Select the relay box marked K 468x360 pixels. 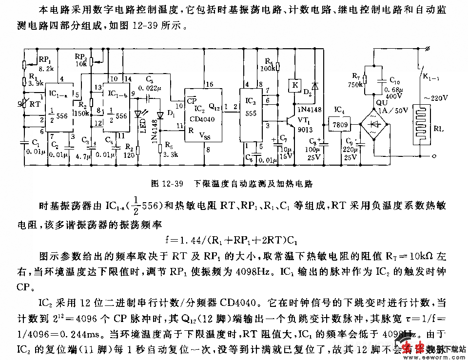click(x=294, y=85)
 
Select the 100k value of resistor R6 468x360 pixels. click(x=267, y=69)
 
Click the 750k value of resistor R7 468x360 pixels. click(x=357, y=84)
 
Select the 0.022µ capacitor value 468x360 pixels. click(x=157, y=88)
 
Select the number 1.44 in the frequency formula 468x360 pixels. click(x=200, y=240)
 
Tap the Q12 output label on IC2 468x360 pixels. click(x=214, y=105)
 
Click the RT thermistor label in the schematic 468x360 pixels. click(x=35, y=104)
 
